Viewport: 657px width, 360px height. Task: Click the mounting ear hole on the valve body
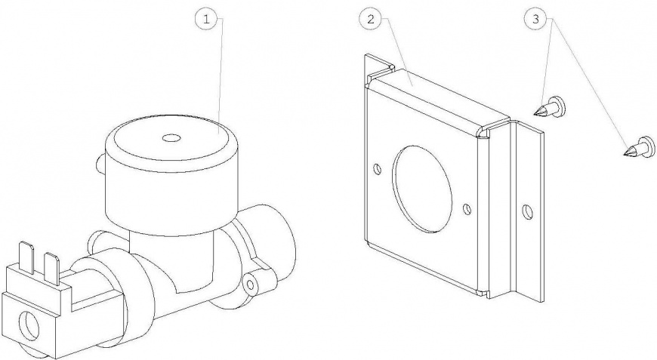pyautogui.click(x=251, y=284)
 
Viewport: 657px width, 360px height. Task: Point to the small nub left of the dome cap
pyautogui.click(x=99, y=162)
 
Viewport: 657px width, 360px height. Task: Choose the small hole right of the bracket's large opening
pyautogui.click(x=468, y=208)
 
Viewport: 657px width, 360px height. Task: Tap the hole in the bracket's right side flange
pyautogui.click(x=528, y=211)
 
